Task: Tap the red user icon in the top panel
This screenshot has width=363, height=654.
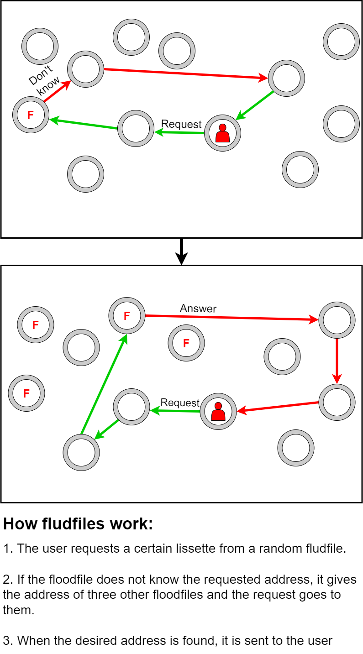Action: point(222,133)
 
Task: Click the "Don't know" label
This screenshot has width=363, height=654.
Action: point(44,80)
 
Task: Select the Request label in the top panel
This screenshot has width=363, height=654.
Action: point(181,124)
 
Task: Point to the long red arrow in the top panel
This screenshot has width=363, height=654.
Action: point(186,73)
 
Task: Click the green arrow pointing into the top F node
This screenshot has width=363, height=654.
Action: point(83,124)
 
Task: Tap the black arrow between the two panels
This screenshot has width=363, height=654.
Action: point(181,251)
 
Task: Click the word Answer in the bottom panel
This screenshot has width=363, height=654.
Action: point(198,309)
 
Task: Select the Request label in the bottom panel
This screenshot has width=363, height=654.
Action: point(180,403)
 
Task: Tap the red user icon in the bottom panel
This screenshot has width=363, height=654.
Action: point(218,411)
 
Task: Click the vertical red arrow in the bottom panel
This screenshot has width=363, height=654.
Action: point(337,361)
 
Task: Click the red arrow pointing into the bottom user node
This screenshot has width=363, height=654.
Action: point(278,407)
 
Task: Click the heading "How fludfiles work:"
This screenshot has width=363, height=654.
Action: point(78,523)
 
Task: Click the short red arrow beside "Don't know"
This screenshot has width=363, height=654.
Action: point(57,91)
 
